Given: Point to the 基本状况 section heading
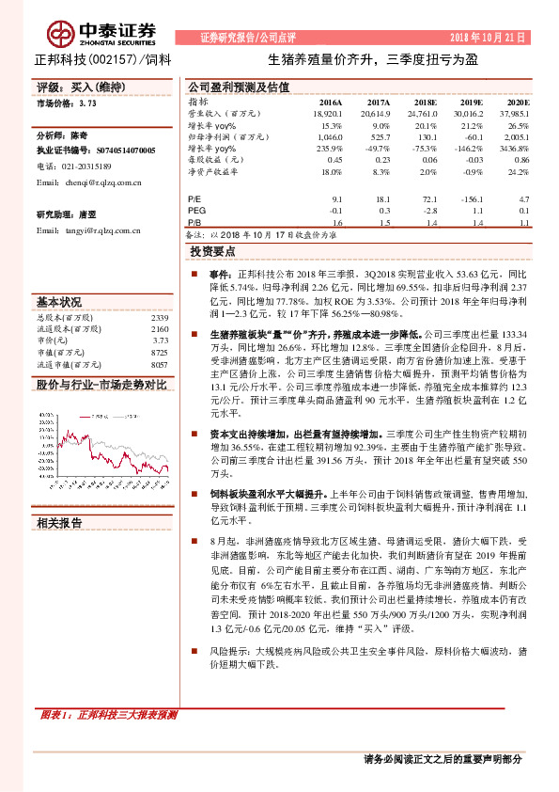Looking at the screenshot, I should coord(59,303).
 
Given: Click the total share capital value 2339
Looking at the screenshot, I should coord(159,318).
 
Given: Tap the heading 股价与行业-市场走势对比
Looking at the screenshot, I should coord(101,385).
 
